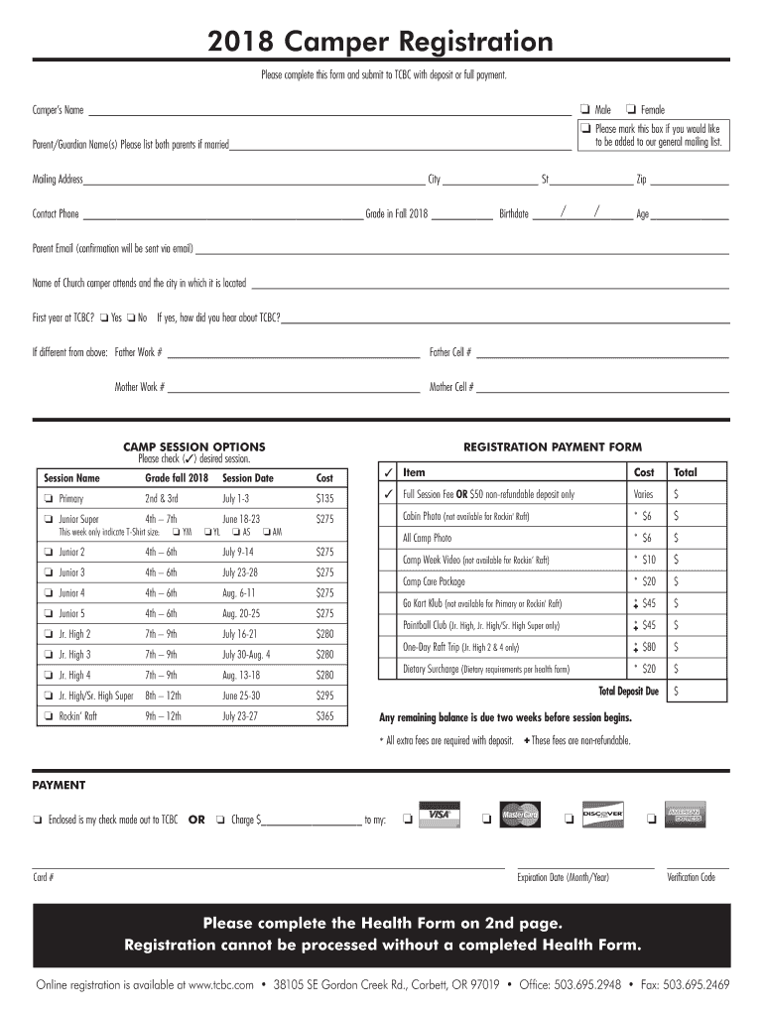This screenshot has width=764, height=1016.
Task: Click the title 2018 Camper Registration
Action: [x=381, y=42]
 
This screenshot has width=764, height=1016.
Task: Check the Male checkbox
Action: [x=585, y=109]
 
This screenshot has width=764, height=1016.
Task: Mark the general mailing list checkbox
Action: [x=586, y=129]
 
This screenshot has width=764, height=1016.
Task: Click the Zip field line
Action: [x=689, y=181]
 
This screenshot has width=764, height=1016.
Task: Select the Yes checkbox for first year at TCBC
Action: [x=104, y=318]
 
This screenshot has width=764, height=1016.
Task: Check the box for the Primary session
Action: [x=47, y=498]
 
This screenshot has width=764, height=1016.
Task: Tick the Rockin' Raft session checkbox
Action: [x=47, y=716]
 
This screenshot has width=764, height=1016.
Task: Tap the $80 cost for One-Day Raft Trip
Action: [x=648, y=647]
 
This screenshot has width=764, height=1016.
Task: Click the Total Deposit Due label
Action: [x=628, y=691]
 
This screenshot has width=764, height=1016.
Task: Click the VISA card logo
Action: [x=437, y=815]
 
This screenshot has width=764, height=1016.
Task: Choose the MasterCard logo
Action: [x=519, y=815]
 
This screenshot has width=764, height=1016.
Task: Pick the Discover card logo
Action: [x=601, y=815]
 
